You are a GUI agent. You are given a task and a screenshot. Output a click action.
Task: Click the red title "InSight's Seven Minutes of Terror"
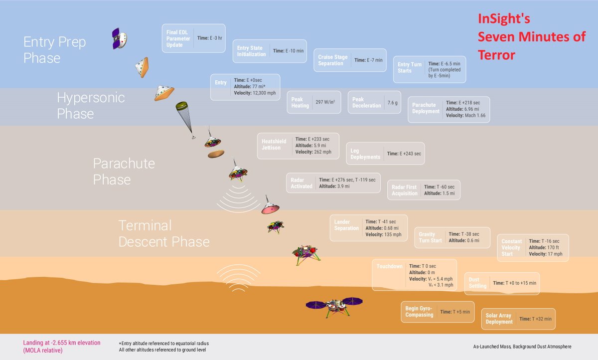click(531, 37)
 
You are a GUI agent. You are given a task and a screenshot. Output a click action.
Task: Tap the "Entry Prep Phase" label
click(54, 50)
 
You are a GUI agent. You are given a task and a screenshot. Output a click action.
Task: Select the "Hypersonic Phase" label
click(90, 105)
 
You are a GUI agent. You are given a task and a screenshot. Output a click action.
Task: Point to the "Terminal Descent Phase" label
click(163, 233)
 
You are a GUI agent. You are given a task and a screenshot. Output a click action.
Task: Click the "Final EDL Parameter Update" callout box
click(193, 38)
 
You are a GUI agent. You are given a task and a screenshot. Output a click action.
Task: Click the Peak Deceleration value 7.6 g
click(392, 103)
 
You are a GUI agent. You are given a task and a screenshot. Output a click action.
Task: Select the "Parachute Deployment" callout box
click(448, 109)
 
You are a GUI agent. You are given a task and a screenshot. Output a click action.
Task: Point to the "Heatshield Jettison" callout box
click(298, 145)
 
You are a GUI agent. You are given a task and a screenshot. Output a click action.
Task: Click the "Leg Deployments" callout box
click(385, 154)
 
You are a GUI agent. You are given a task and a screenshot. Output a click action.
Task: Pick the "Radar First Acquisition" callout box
click(424, 190)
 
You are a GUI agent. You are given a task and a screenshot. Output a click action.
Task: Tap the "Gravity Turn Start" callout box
click(452, 237)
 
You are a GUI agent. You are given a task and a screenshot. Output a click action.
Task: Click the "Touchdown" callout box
click(414, 275)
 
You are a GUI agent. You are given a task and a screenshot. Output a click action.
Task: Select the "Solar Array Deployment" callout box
click(518, 319)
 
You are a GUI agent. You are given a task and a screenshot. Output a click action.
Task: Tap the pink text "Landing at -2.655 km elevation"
click(62, 343)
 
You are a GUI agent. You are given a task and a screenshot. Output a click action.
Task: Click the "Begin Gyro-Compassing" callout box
click(438, 312)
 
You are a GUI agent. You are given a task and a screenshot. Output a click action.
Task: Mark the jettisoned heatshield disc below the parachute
click(216, 154)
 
